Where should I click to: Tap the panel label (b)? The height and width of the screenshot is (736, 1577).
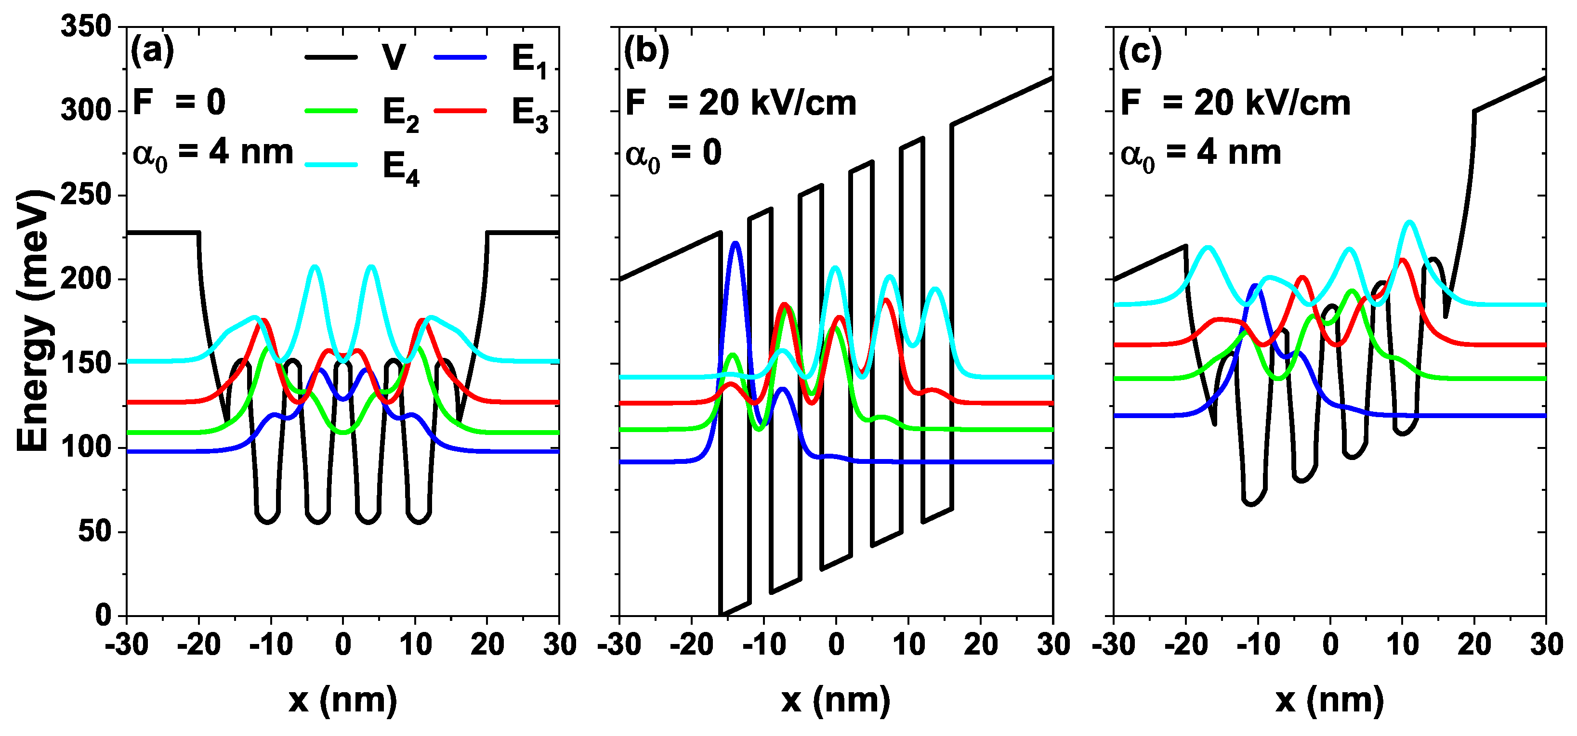[646, 52]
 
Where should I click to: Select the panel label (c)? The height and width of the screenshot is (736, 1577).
[1140, 52]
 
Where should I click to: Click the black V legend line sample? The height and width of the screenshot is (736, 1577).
[331, 57]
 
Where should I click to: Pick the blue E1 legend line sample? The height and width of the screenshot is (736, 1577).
[460, 57]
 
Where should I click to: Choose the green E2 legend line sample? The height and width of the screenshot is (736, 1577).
[331, 111]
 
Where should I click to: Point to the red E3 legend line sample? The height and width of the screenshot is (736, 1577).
[460, 111]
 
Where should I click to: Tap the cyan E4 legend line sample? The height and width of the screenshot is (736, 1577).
[331, 164]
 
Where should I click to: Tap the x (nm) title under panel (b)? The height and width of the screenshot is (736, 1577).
[836, 700]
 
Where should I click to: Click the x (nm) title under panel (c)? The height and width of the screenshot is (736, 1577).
[1330, 700]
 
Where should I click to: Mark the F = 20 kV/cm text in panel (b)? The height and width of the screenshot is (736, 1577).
[740, 103]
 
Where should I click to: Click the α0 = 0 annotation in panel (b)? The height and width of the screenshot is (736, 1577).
[673, 154]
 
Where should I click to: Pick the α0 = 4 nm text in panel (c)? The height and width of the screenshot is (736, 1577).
[1200, 154]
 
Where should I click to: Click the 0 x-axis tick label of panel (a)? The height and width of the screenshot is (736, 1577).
[343, 645]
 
